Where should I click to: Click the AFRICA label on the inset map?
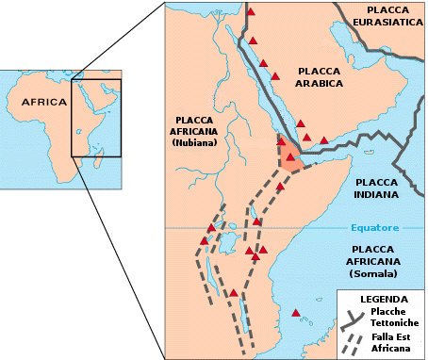coord(44,102)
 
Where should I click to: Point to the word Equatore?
coord(375,228)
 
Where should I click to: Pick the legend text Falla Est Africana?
coord(390,343)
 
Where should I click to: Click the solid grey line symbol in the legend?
coord(354,317)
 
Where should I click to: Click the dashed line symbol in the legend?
coord(354,341)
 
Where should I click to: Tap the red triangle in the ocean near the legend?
coord(296,313)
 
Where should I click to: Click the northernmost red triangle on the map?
coord(251,12)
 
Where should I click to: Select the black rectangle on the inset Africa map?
coord(98,118)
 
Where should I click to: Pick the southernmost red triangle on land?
coord(234,293)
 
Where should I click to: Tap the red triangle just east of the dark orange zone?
coord(324,140)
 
